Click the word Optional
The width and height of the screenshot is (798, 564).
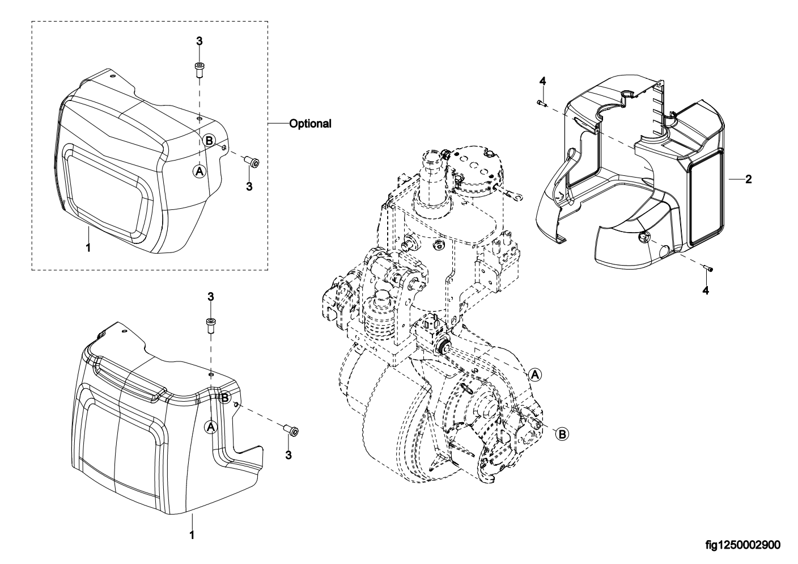(x=310, y=124)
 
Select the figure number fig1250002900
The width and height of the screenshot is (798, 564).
(x=743, y=545)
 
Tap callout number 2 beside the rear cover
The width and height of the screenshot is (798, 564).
(x=749, y=179)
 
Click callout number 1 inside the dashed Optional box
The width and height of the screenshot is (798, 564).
(x=88, y=247)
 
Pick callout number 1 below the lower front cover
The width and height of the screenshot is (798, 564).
(x=192, y=536)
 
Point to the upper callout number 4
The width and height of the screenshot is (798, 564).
(x=542, y=81)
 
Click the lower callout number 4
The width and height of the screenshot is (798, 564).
(x=706, y=291)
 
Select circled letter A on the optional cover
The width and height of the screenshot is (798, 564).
(x=199, y=171)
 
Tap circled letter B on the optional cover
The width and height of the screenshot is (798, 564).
(x=209, y=141)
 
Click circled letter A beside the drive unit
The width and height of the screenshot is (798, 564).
(x=534, y=375)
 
